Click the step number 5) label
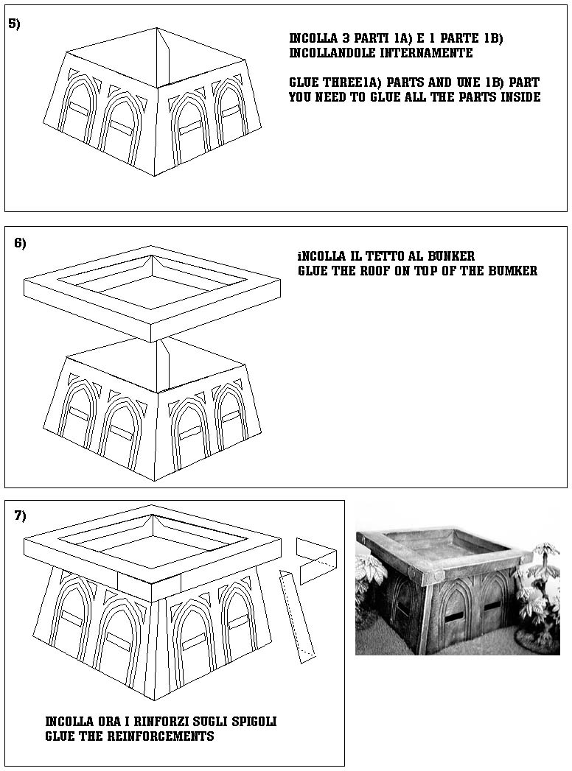click(x=14, y=24)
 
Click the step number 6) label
click(x=20, y=244)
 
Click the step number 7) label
click(x=20, y=515)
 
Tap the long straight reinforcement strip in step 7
click(x=297, y=616)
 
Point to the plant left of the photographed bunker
click(x=369, y=582)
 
